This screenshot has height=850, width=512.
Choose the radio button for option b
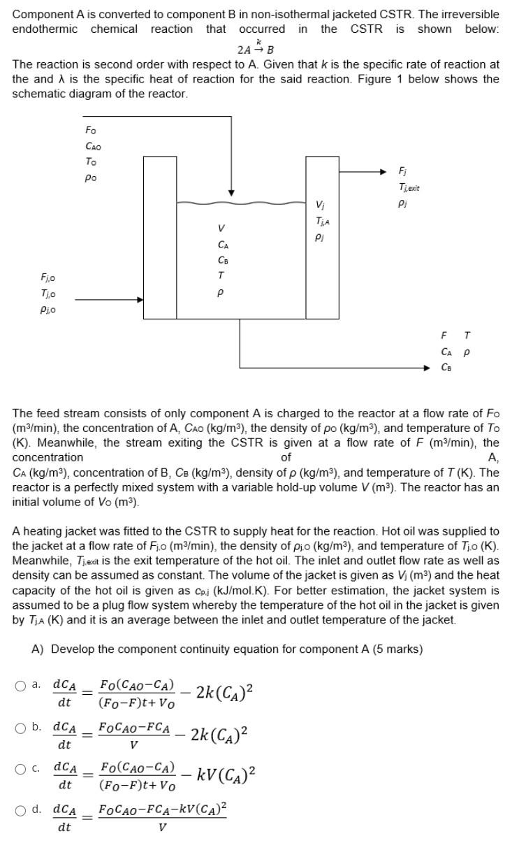click(x=21, y=728)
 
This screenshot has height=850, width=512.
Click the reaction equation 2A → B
click(x=255, y=49)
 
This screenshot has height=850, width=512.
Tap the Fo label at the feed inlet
click(x=91, y=131)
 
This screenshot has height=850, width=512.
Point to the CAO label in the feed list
click(x=92, y=146)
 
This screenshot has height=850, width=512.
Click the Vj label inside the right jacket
click(x=321, y=206)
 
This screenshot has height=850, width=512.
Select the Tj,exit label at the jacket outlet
click(x=409, y=187)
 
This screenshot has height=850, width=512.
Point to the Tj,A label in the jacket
click(x=322, y=221)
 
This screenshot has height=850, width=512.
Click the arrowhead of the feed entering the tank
click(x=231, y=192)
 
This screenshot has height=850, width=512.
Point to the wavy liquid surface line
click(x=241, y=203)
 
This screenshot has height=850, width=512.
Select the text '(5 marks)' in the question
click(x=395, y=649)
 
